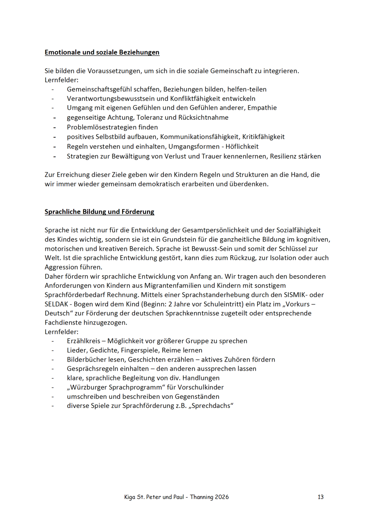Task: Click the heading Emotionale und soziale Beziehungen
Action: coord(102,53)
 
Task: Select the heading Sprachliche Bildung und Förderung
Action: coord(99,212)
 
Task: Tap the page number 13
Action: coord(320,497)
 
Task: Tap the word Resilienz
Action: coord(285,156)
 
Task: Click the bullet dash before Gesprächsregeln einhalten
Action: coord(53,368)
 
